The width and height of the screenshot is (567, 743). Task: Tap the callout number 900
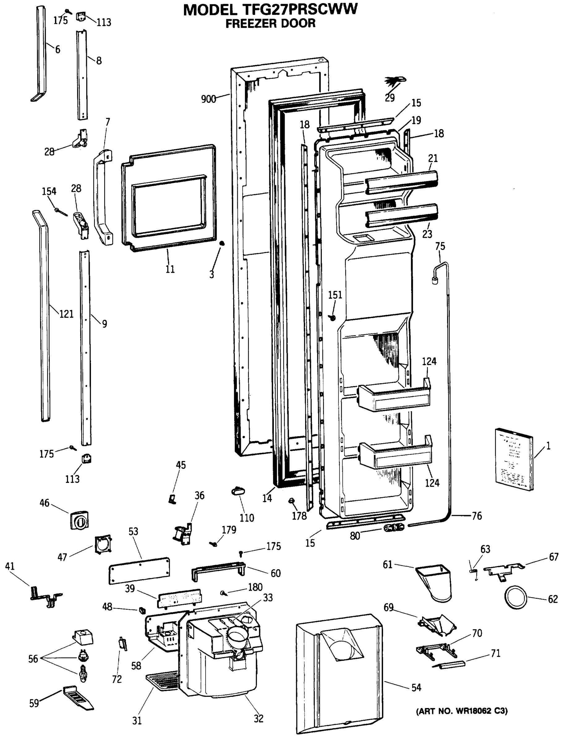pyautogui.click(x=208, y=99)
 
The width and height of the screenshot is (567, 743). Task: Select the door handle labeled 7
pyautogui.click(x=101, y=198)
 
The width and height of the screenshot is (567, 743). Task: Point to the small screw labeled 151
pyautogui.click(x=333, y=317)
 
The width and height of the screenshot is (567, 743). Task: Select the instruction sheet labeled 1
pyautogui.click(x=514, y=459)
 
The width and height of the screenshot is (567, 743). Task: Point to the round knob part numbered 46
pyautogui.click(x=80, y=520)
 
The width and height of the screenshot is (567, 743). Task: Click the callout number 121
pyautogui.click(x=66, y=314)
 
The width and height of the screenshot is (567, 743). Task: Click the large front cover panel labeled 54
pyautogui.click(x=339, y=676)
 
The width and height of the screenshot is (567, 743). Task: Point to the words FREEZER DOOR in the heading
pyautogui.click(x=270, y=23)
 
